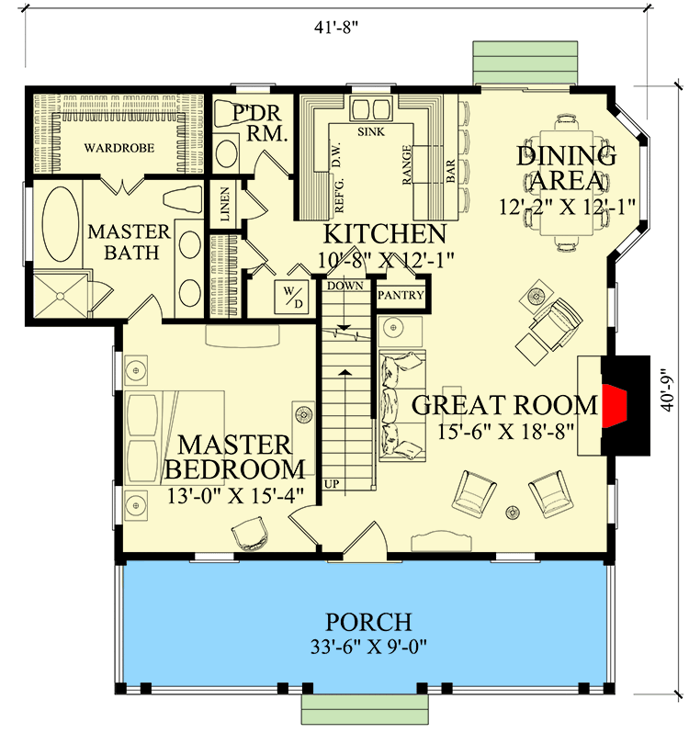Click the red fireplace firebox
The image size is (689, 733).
[x=613, y=404]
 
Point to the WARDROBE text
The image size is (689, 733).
[x=119, y=147]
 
